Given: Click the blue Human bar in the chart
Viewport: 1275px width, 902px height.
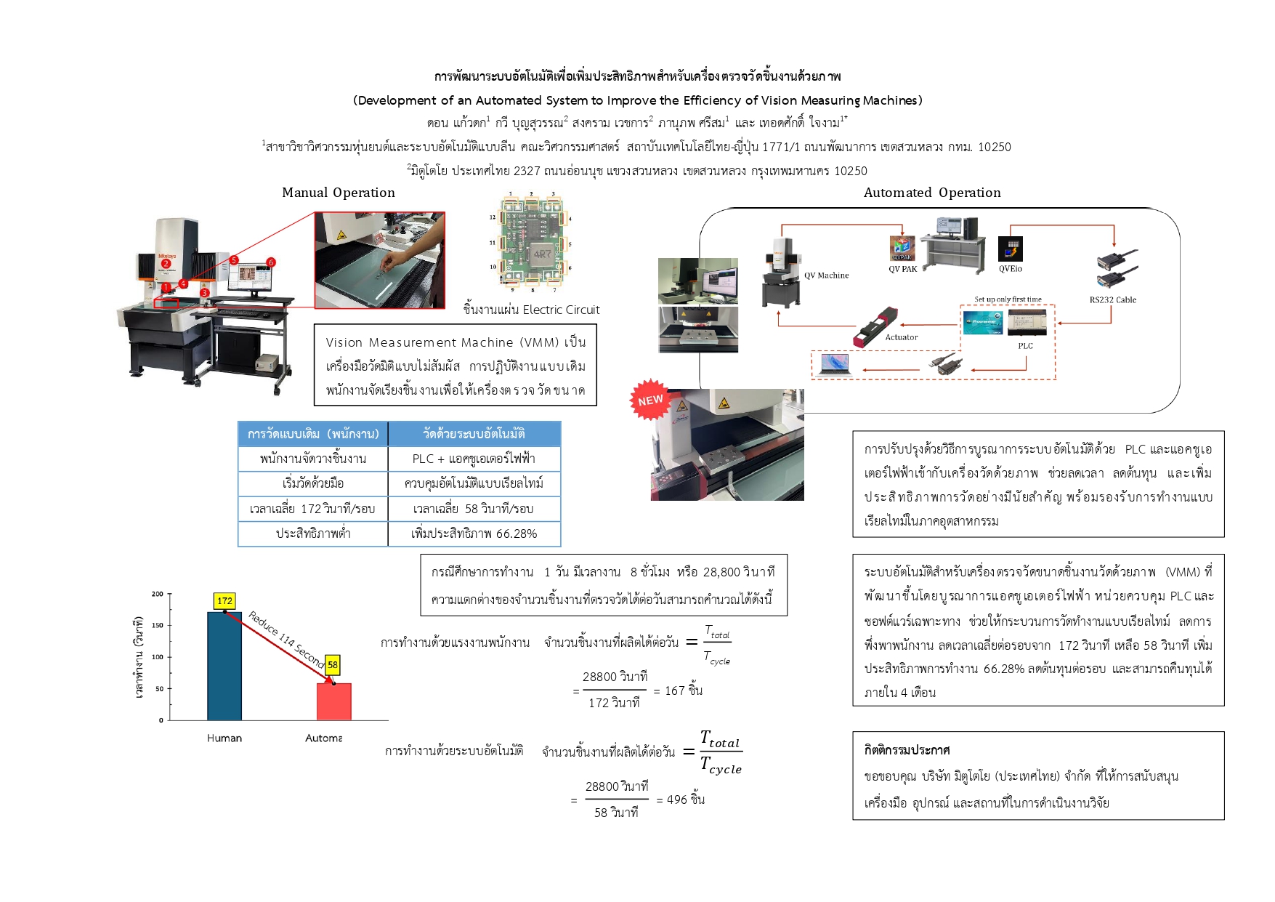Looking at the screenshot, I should pos(224,665).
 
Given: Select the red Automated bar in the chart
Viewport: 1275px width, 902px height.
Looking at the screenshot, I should pos(333,701).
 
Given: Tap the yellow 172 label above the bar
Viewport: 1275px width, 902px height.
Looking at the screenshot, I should pos(224,601).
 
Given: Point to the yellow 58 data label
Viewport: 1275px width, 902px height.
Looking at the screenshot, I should pos(333,664).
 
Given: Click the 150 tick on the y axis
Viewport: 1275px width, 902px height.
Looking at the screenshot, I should pos(158,625).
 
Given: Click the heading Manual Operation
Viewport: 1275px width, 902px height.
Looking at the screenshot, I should pos(339,193).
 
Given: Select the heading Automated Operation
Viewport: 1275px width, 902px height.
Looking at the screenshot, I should pos(932,193).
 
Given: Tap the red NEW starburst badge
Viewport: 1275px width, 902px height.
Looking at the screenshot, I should pos(649,400).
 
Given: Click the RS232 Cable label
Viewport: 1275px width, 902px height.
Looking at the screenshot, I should pos(1112,299).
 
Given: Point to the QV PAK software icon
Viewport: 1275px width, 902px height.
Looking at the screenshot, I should pos(902,249).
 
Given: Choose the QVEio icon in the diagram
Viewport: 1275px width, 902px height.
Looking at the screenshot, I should pos(1010,249).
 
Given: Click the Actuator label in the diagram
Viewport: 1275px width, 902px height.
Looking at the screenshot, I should pos(901,337).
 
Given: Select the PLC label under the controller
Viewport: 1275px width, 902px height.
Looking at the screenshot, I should pos(1025,346).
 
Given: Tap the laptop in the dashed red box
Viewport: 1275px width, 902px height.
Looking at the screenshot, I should pos(834,363).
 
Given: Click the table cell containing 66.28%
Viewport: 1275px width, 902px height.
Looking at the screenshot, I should pos(474,533).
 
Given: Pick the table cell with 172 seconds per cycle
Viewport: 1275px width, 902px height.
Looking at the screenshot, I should pos(312,509).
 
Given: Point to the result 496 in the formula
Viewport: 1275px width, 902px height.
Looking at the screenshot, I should pos(676,800).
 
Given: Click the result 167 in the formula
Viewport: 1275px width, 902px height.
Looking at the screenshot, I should pos(674,690).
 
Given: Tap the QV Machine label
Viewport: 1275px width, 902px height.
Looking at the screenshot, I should pos(826,275).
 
